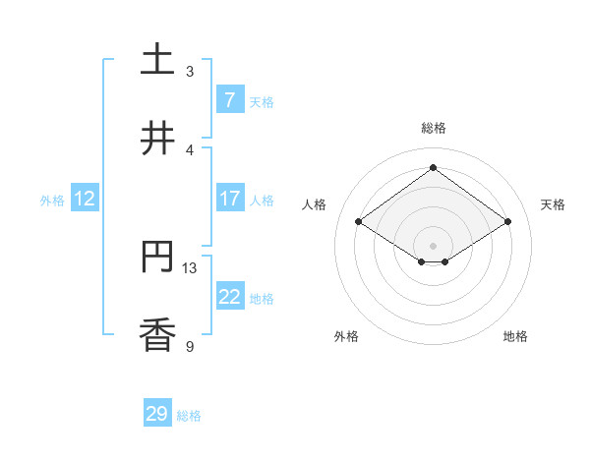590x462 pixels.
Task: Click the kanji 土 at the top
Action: pos(157,60)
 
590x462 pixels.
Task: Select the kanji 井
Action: pos(157,139)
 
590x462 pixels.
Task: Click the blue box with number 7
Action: pos(229,99)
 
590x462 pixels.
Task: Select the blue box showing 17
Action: pos(229,199)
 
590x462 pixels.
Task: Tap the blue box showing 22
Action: pos(229,297)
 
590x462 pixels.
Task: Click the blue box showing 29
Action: pos(157,414)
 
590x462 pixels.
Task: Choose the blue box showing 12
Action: pos(85,199)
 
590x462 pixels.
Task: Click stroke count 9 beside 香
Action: pos(190,346)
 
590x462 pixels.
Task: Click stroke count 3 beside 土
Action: pos(190,71)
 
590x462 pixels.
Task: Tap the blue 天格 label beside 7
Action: pos(262,101)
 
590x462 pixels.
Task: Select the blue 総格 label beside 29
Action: pos(189,416)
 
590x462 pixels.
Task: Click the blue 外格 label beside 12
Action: pos(52,201)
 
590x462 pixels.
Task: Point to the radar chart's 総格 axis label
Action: pos(434,128)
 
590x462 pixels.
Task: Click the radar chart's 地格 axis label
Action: pos(515,336)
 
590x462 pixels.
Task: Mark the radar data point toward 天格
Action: pos(507,222)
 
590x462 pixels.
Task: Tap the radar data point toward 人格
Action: pos(359,222)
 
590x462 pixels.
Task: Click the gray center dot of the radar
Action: pos(434,245)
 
